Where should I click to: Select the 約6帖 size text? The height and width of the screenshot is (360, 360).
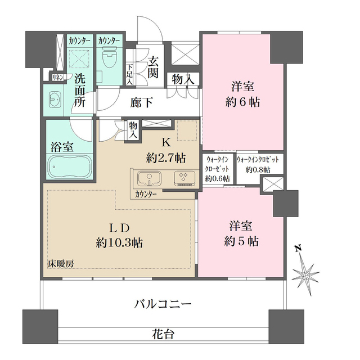pos(243,103)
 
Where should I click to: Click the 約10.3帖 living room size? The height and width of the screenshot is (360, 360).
pos(119,243)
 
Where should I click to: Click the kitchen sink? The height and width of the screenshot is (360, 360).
pos(148,178)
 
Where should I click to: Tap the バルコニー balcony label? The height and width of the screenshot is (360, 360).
pos(163,304)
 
